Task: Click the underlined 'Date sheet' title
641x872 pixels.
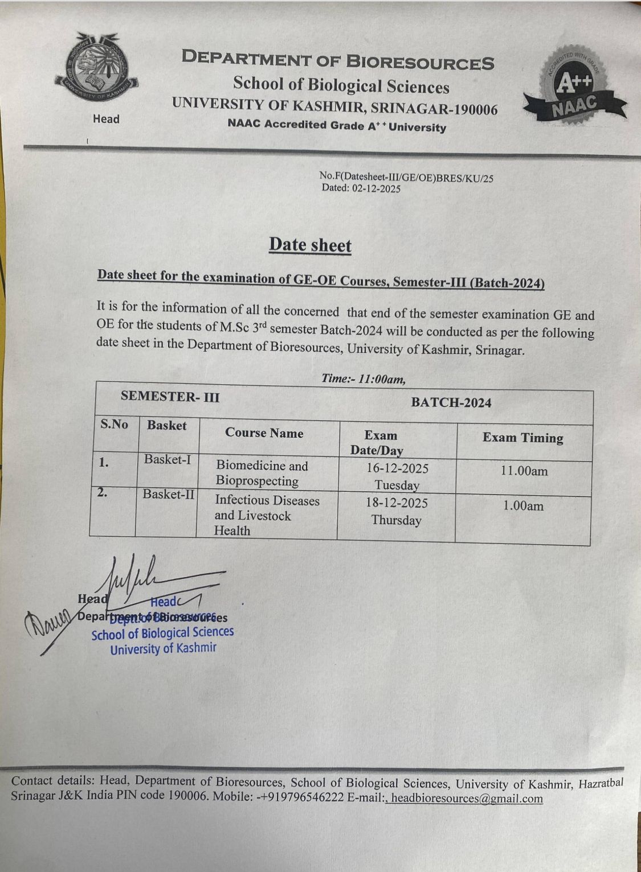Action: (x=310, y=245)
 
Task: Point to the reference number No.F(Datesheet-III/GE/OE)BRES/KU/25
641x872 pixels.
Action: (x=406, y=177)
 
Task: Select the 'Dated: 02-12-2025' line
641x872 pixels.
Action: (x=361, y=188)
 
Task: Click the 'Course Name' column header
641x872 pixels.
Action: (x=264, y=433)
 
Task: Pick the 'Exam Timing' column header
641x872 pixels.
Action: (x=522, y=438)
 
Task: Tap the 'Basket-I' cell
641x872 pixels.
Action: (x=168, y=459)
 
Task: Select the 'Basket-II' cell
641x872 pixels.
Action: (x=168, y=494)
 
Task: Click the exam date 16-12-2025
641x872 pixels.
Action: (x=397, y=468)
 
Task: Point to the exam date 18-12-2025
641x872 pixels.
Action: (x=397, y=503)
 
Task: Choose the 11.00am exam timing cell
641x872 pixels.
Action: (x=524, y=471)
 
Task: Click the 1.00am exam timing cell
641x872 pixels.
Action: (x=522, y=505)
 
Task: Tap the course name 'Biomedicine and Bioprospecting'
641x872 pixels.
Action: (x=261, y=474)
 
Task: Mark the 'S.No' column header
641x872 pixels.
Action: (x=114, y=425)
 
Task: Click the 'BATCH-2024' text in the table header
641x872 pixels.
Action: (x=451, y=403)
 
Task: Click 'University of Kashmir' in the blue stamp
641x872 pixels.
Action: (x=163, y=648)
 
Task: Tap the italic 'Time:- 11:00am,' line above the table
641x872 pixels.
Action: (x=363, y=379)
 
